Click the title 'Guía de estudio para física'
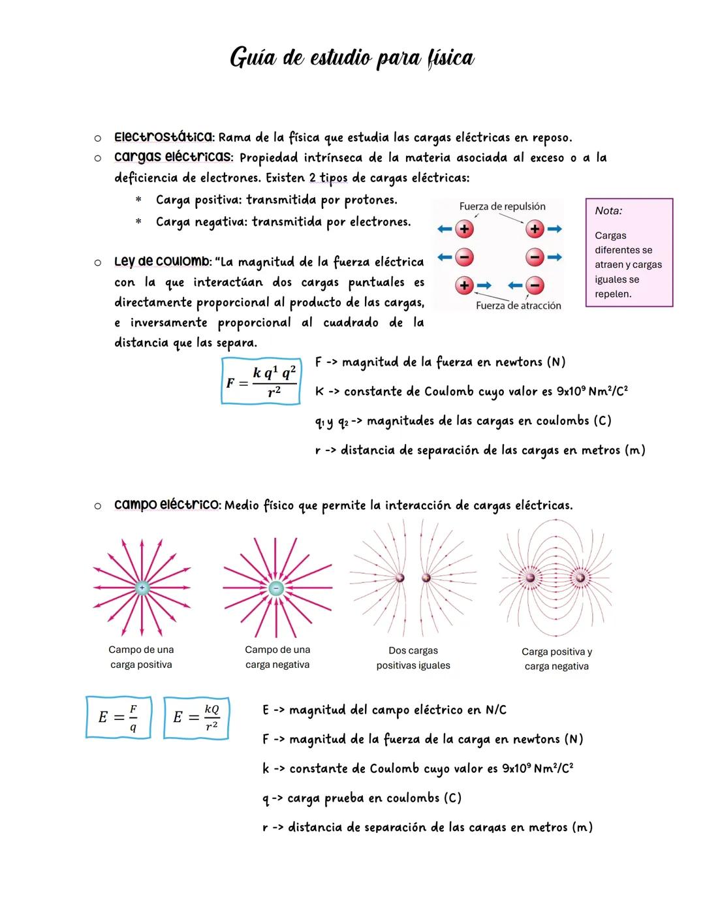[352, 59]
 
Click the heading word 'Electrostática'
[163, 137]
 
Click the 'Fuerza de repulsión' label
[502, 206]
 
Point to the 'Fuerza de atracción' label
[518, 306]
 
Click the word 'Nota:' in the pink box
[608, 211]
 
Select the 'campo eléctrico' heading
[167, 505]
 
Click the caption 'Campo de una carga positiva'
[141, 657]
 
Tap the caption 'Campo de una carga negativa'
[277, 657]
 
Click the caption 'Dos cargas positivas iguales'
[413, 658]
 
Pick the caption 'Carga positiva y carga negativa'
[557, 659]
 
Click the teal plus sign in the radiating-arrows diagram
[142, 588]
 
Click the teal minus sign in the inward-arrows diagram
[277, 588]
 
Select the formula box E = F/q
[119, 717]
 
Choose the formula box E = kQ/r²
[196, 717]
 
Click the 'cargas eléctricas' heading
[172, 157]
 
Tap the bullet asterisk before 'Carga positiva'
[138, 200]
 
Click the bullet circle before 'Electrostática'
[97, 138]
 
